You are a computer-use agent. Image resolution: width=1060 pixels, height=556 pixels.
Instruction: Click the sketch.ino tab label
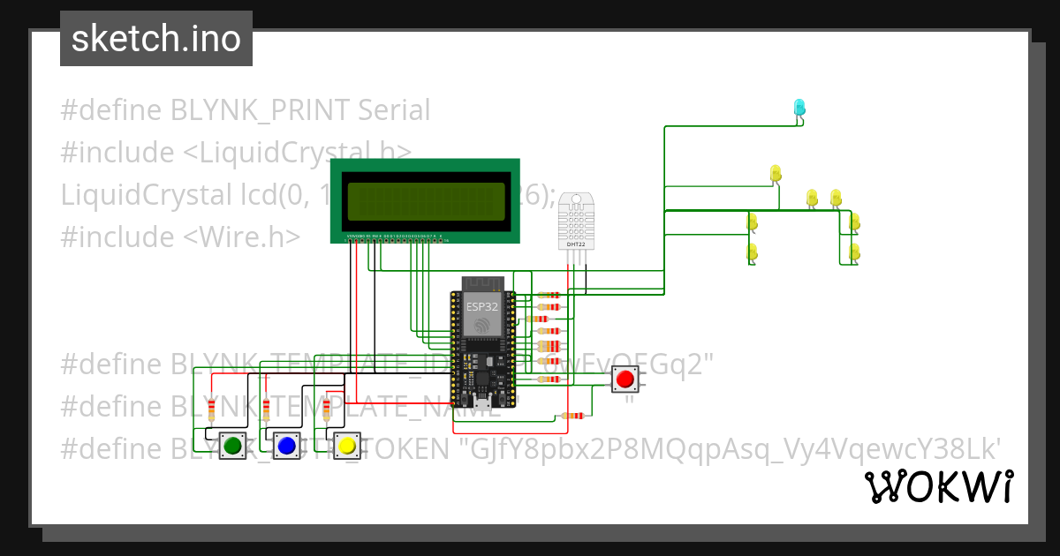pyautogui.click(x=156, y=39)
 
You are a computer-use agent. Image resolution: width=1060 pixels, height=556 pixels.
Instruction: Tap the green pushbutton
pyautogui.click(x=233, y=446)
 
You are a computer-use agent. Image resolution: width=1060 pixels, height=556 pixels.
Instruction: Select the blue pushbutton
pyautogui.click(x=286, y=446)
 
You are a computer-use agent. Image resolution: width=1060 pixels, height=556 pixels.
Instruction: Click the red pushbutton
pyautogui.click(x=625, y=379)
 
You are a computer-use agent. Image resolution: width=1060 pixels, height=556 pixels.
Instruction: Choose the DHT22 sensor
pyautogui.click(x=577, y=220)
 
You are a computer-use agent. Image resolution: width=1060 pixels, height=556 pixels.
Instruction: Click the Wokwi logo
pyautogui.click(x=938, y=486)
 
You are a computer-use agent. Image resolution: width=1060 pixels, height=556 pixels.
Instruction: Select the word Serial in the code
pyautogui.click(x=394, y=110)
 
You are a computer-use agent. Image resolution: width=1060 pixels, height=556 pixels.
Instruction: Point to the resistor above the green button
pyautogui.click(x=213, y=409)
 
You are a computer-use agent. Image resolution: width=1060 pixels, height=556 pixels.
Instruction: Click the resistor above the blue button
pyautogui.click(x=266, y=409)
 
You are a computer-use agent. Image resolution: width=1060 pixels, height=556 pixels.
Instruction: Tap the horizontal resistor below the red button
pyautogui.click(x=572, y=416)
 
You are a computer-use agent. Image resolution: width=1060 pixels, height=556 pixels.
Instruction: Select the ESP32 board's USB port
pyautogui.click(x=482, y=406)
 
